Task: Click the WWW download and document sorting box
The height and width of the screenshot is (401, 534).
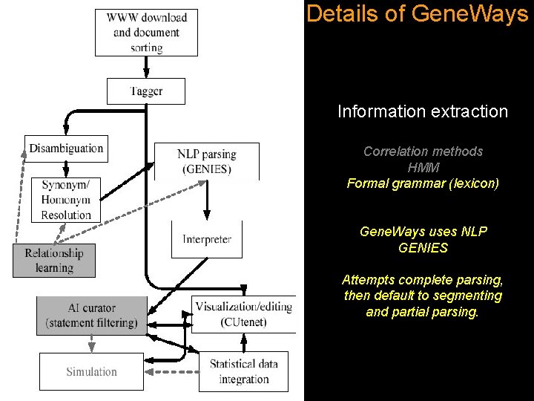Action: (146, 33)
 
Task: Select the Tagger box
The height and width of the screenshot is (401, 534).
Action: (146, 91)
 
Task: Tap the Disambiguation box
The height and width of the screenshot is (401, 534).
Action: (66, 149)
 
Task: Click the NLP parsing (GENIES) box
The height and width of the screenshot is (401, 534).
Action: (206, 161)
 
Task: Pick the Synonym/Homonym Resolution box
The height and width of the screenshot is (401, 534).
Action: (66, 200)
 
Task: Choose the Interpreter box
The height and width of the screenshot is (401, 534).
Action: (207, 239)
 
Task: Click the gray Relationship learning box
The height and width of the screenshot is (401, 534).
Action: (53, 260)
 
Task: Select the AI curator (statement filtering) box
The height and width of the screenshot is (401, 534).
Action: (91, 315)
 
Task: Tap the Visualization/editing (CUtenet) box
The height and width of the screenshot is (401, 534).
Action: (244, 314)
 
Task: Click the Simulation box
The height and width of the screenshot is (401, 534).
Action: (91, 371)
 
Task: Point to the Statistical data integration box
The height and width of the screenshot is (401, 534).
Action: (244, 371)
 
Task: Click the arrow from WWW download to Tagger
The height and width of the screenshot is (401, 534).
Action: (146, 67)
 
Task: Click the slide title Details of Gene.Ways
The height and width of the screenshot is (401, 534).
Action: (417, 13)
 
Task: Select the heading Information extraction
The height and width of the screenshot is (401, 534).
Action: (423, 111)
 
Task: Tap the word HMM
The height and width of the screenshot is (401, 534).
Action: (423, 167)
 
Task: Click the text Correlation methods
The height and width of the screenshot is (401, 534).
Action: (423, 151)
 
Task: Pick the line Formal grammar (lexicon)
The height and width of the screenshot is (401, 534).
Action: (423, 183)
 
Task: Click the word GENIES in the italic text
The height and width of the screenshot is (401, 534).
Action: (423, 247)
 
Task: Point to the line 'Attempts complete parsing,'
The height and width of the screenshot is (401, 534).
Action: (423, 280)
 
